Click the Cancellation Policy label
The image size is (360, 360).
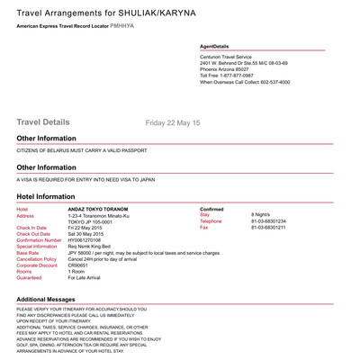36,259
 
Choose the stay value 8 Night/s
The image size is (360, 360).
264,215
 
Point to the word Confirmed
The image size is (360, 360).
211,209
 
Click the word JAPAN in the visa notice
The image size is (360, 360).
146,179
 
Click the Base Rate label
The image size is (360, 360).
28,253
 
